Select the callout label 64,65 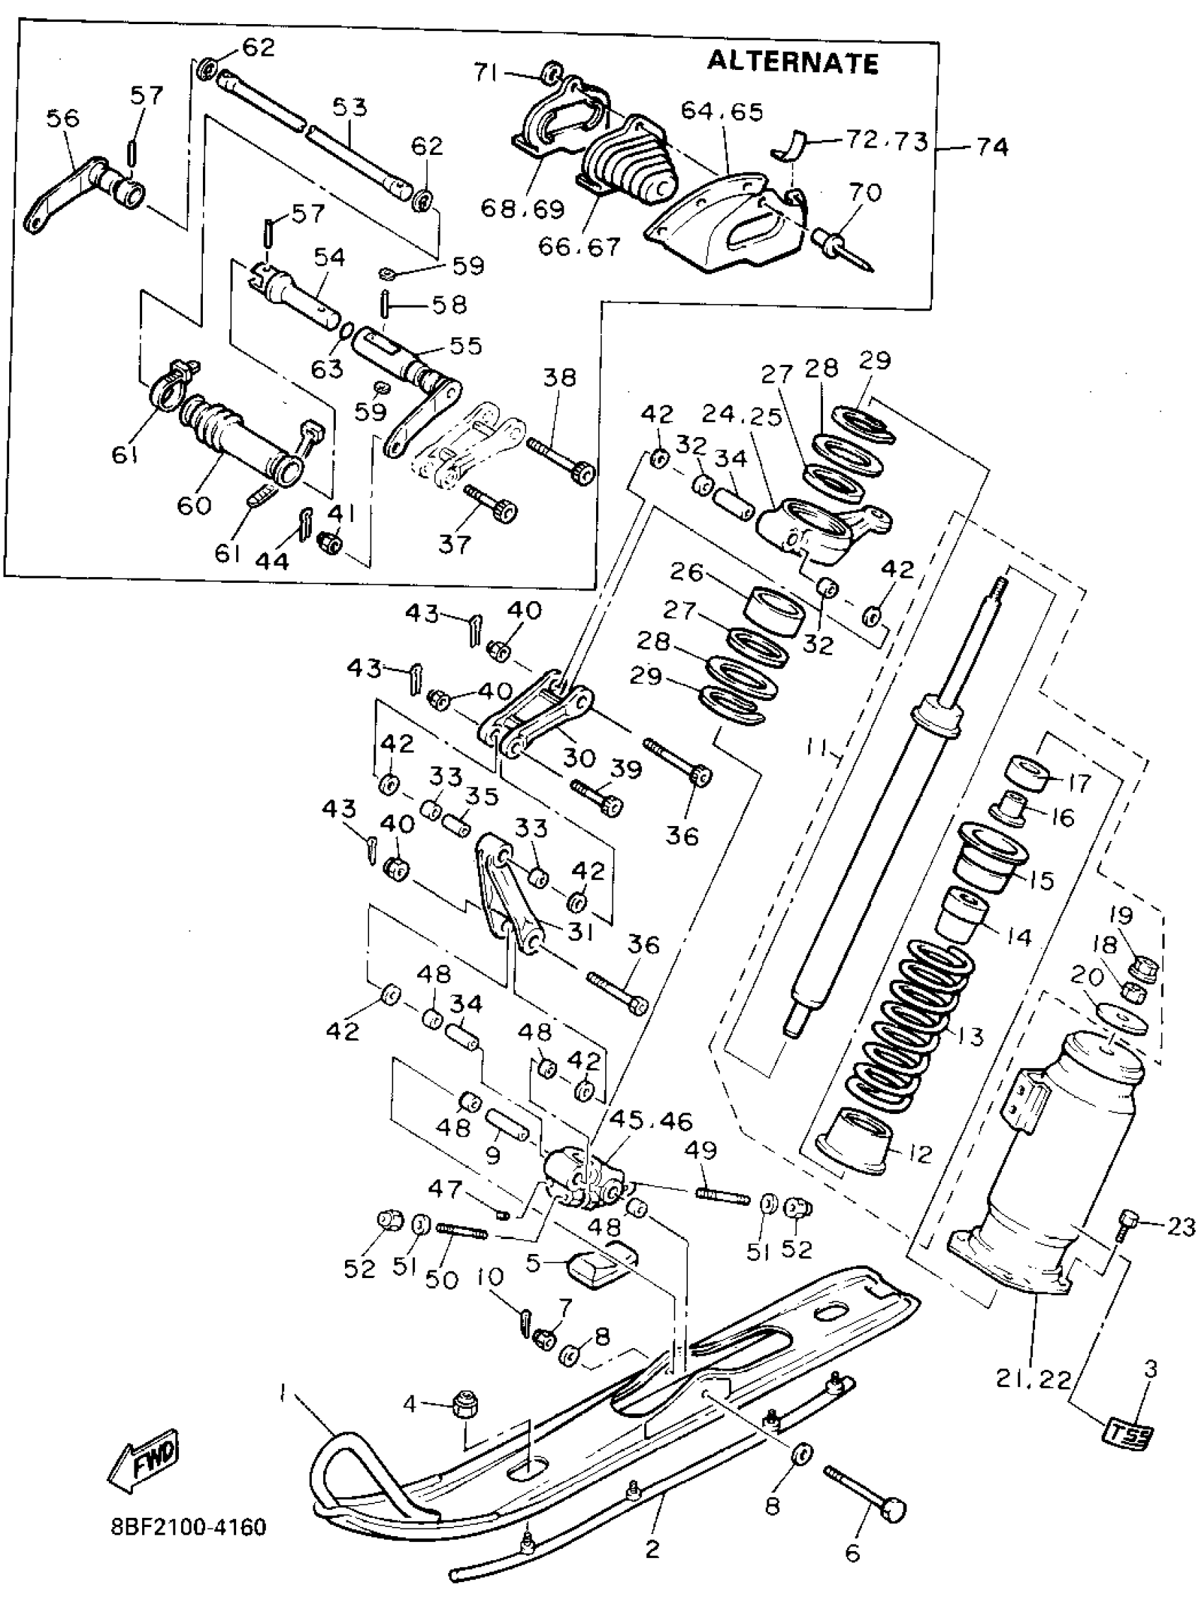coord(722,112)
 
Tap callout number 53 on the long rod coord(349,108)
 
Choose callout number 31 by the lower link coord(580,933)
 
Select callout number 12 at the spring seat coord(918,1154)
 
